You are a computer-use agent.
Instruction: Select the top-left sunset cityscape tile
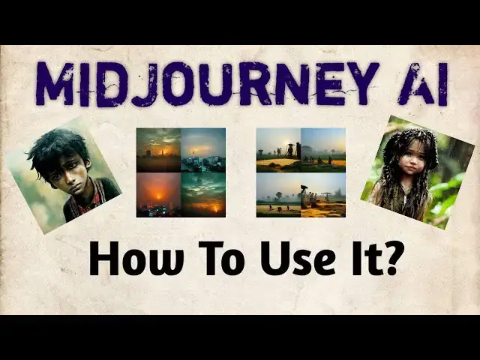[x=158, y=150]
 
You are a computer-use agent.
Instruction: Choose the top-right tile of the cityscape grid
[x=203, y=150]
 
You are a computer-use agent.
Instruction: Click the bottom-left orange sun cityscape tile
[x=158, y=194]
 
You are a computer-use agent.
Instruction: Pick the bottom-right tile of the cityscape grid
[x=203, y=194]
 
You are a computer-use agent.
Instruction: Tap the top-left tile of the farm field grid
[x=278, y=150]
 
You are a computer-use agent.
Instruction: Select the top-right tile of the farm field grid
[x=323, y=150]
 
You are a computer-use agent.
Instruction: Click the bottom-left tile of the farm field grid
[x=278, y=195]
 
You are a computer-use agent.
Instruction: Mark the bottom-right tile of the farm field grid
[x=323, y=195]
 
